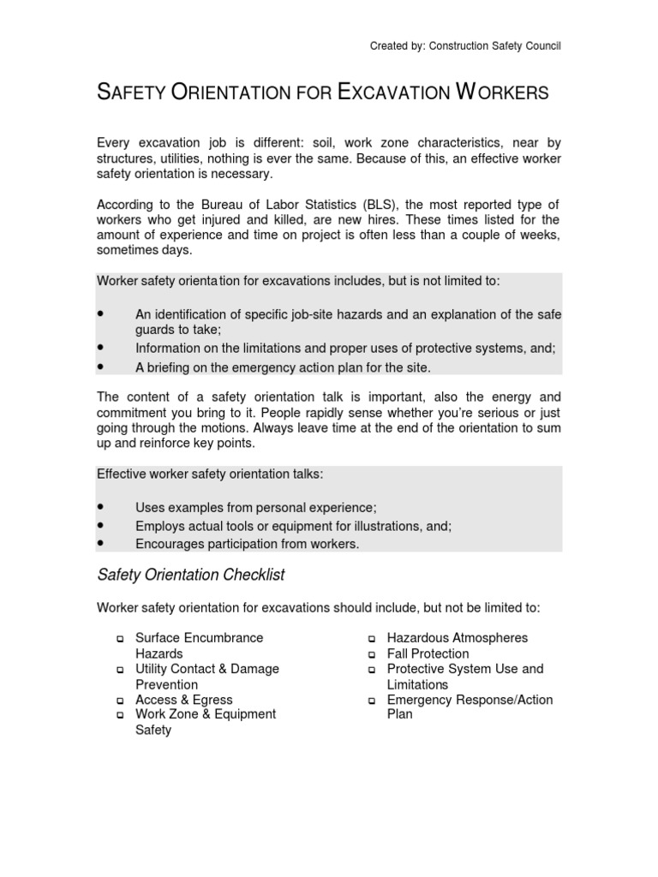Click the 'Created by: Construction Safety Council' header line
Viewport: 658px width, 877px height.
pos(465,45)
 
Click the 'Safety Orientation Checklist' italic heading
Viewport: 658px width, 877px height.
pos(190,574)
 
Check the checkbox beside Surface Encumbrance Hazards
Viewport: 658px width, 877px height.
pos(120,639)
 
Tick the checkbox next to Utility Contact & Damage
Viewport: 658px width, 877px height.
pos(120,670)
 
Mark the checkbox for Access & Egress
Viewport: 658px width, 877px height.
pos(120,701)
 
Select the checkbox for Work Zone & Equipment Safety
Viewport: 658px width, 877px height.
pos(120,715)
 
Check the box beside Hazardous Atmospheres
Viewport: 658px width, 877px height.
pos(372,639)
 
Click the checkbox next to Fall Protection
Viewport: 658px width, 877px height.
pos(372,654)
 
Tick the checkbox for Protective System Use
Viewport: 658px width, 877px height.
pos(372,670)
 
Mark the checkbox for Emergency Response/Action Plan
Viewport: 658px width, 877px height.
pos(372,701)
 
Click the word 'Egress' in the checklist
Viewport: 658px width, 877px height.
pos(212,700)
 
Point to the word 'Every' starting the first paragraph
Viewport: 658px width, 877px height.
pos(113,142)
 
